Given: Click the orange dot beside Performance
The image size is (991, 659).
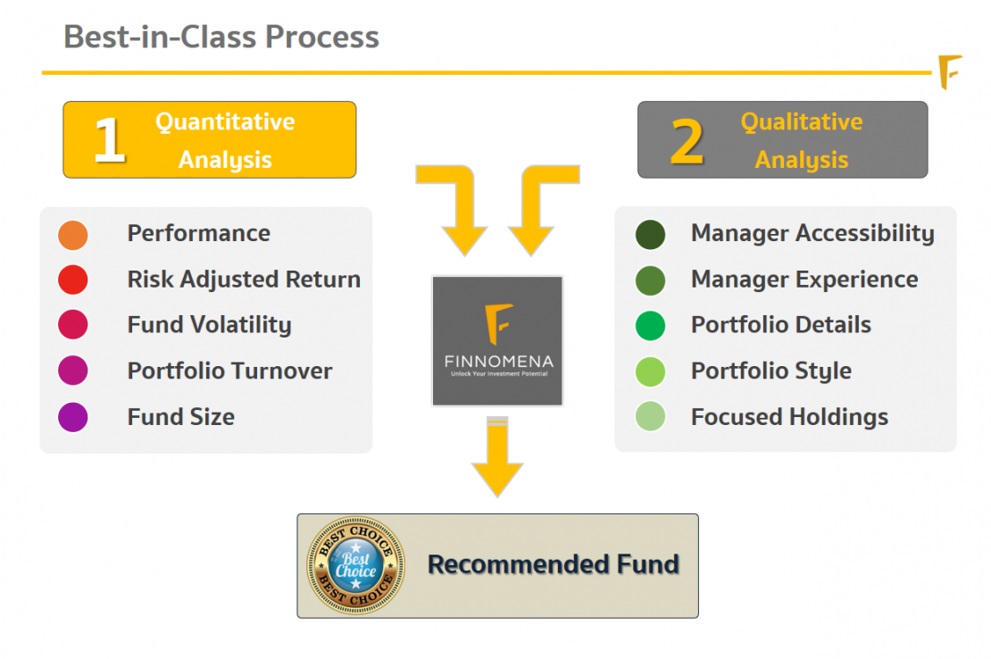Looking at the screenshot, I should click(x=73, y=235).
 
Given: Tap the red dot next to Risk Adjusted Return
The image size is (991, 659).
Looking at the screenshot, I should click(x=73, y=280).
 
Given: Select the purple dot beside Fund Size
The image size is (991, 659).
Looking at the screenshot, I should click(x=73, y=417).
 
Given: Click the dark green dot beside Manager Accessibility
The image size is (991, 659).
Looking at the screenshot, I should click(x=650, y=235).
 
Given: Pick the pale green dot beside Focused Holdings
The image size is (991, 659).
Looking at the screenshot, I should click(x=650, y=417).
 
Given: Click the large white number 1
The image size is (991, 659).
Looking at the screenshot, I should click(x=109, y=141).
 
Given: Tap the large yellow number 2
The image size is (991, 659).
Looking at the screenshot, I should click(x=687, y=141).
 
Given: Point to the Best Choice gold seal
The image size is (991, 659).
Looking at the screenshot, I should click(x=355, y=565).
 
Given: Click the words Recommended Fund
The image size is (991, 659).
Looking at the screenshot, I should click(x=554, y=564).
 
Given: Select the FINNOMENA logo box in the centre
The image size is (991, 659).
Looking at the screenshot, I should click(x=497, y=341).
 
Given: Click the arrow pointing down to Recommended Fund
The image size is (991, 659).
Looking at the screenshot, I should click(x=497, y=457).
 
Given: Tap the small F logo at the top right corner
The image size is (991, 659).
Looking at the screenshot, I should click(x=950, y=72).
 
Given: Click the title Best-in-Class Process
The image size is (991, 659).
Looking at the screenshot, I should click(x=221, y=38).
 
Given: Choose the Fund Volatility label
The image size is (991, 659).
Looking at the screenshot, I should click(x=209, y=325).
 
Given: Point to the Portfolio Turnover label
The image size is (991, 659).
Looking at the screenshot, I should click(x=229, y=371).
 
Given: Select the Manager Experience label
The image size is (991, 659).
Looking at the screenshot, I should click(x=804, y=279).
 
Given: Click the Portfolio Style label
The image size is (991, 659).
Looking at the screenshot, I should click(x=770, y=371).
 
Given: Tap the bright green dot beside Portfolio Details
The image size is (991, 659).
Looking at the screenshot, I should click(x=650, y=326).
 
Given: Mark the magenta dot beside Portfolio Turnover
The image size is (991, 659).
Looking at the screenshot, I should click(x=73, y=371).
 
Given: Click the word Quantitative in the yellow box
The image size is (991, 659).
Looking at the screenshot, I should click(x=225, y=122).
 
